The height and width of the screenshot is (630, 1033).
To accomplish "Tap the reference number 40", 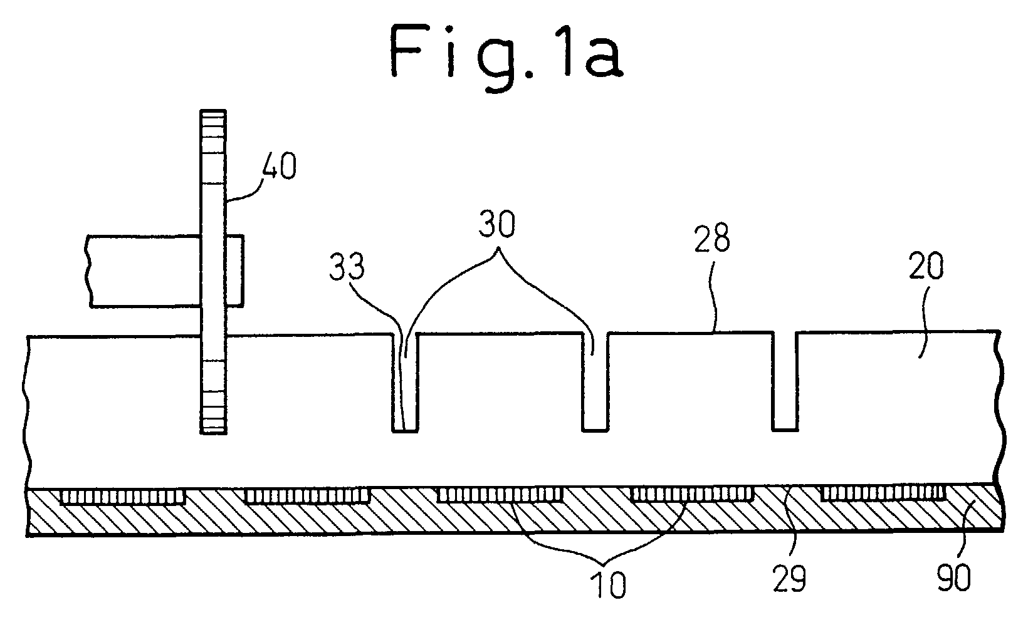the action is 279,167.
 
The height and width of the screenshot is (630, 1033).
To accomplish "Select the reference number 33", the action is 347,267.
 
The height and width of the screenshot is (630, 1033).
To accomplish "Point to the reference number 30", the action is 496,224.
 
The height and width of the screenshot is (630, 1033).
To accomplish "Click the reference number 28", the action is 712,238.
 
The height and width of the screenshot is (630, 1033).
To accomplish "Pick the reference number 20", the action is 926,266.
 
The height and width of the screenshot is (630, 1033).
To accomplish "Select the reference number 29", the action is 789,579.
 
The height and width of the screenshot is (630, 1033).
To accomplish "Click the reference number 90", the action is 953,578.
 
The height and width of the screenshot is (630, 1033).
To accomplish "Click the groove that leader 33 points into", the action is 405,382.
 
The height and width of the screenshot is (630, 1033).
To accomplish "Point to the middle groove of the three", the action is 595,381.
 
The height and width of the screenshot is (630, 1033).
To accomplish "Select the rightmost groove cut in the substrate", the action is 785,381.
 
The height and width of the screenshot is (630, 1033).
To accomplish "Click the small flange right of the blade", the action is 234,271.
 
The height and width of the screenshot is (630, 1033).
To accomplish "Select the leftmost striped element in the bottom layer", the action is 123,497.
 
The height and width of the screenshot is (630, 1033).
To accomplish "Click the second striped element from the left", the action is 307,495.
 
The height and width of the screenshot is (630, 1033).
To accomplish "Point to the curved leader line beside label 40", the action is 244,189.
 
